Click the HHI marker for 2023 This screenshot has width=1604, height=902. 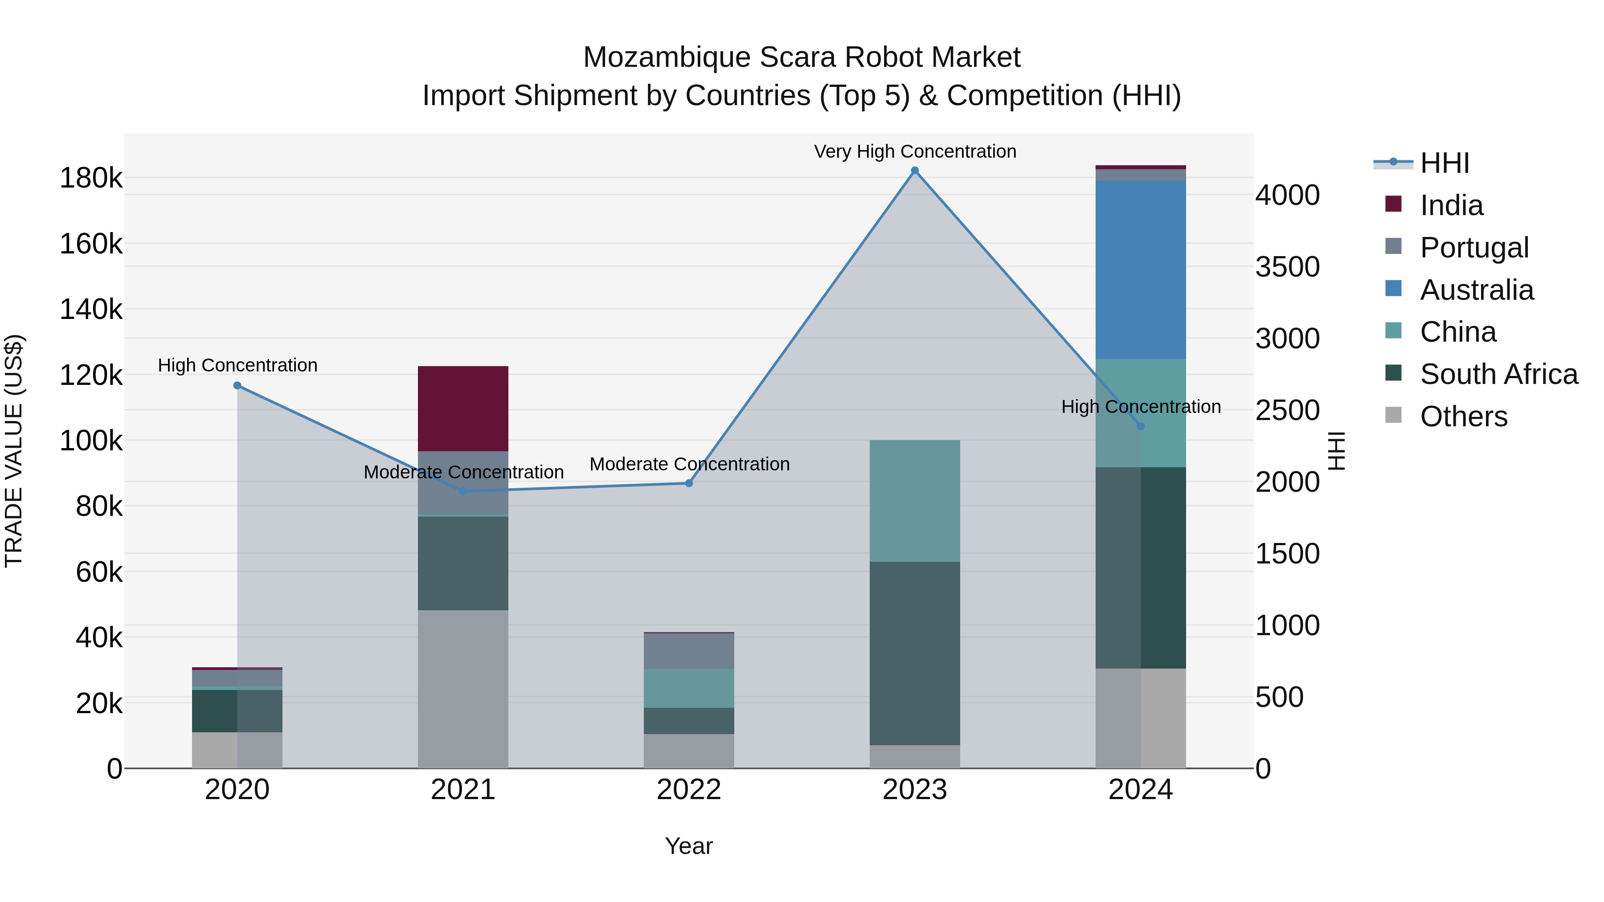[915, 171]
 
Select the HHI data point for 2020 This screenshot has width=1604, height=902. [237, 385]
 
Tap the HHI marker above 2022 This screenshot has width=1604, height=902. [689, 483]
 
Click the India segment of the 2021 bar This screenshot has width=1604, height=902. [462, 408]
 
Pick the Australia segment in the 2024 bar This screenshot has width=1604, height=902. [1141, 269]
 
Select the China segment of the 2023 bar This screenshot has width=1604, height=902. [915, 501]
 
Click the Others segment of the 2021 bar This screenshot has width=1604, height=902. [462, 689]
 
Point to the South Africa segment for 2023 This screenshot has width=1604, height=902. [915, 653]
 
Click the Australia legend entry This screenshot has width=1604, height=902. [1477, 290]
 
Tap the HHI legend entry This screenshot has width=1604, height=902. [1444, 163]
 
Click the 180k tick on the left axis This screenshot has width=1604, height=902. [91, 179]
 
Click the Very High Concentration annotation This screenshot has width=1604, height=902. [915, 151]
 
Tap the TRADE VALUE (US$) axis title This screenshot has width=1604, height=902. [14, 451]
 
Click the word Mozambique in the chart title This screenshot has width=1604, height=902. [667, 57]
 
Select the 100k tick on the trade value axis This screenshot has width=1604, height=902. [91, 441]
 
